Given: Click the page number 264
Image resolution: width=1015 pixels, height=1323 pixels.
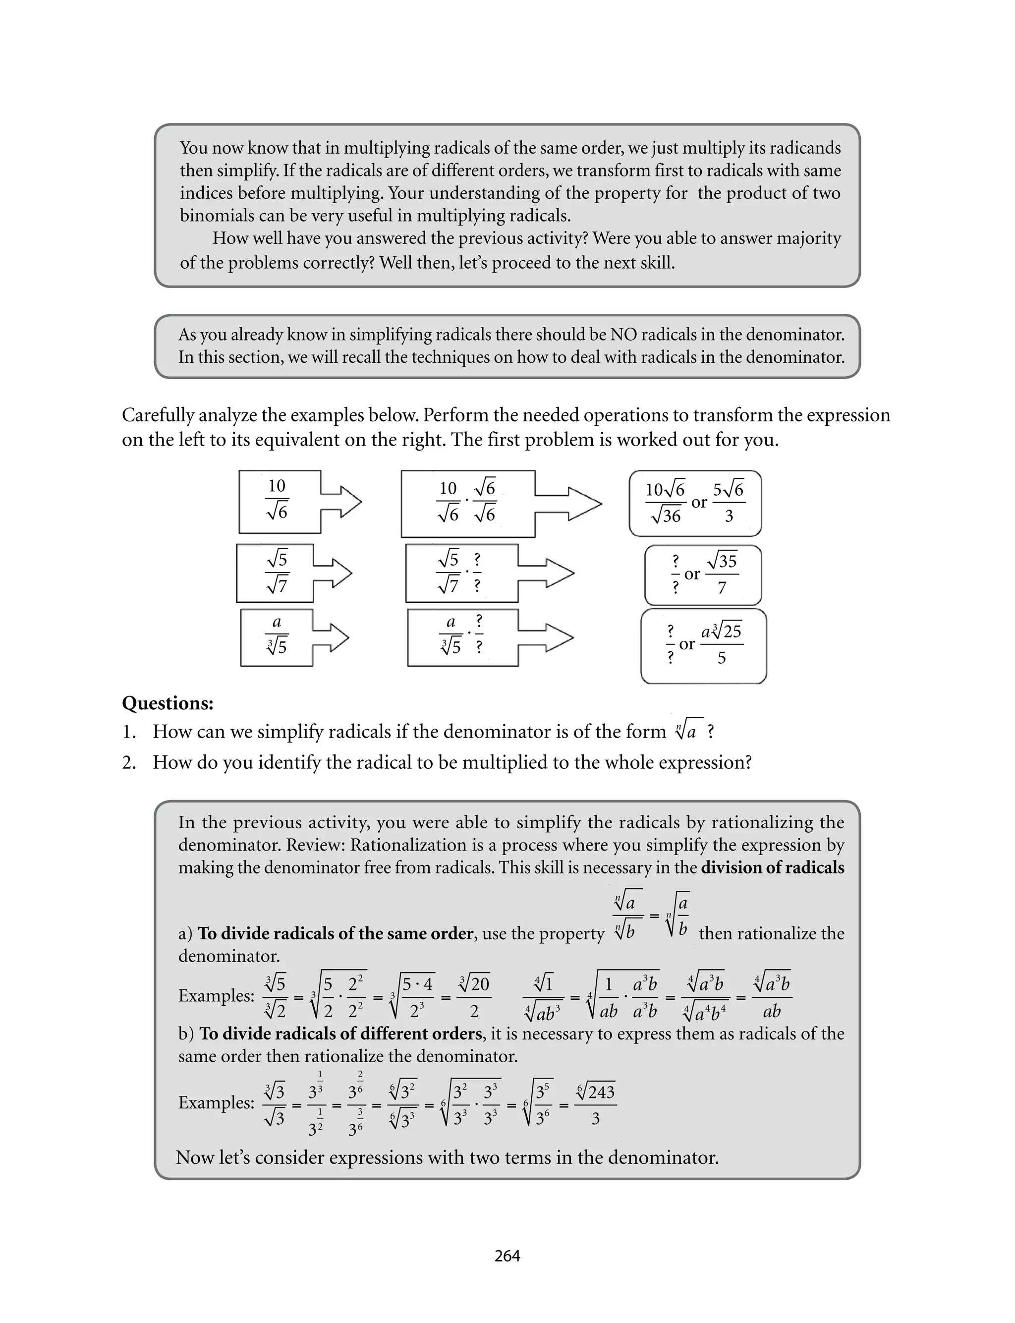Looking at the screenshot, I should pos(507,1256).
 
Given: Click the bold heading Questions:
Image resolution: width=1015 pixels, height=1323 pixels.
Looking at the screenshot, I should pos(168,703).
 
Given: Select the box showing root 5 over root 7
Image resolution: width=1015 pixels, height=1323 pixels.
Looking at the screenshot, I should pos(276,573).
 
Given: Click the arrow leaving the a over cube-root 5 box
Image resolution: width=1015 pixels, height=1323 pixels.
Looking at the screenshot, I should pos(331,638).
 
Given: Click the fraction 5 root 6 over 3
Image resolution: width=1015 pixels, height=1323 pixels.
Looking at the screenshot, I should pos(729,502).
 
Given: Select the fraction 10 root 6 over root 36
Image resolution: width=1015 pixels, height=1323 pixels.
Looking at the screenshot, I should pos(665,502).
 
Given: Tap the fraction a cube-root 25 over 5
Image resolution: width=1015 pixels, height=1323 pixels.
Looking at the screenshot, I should pos(722,644).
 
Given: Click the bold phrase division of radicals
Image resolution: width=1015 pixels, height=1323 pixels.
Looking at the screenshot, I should pos(772,867).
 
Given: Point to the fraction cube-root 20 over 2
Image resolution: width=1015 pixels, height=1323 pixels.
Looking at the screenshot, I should pos(474,997).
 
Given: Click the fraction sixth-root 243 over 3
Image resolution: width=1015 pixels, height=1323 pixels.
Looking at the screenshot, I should pos(596,1105).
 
